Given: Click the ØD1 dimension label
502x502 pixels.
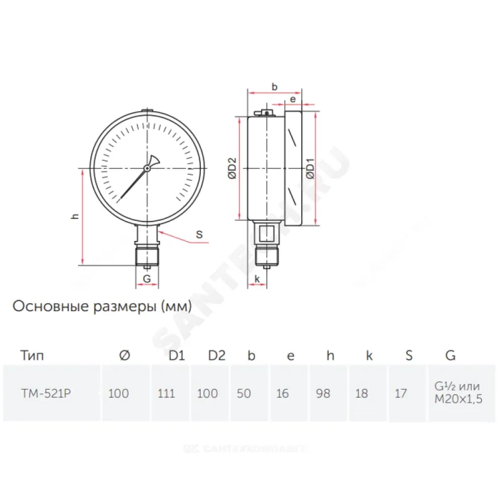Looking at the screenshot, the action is coord(310,168).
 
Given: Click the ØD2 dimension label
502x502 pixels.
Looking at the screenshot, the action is coord(232,168).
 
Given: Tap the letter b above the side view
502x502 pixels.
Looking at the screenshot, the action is coord(274,87).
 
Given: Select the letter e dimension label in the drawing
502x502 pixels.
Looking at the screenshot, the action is coord(292,100).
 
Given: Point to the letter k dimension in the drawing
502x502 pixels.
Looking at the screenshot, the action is coord(257,279).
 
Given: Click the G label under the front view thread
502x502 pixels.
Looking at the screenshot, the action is coord(147,279).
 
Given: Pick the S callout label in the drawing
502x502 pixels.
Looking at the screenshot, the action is coord(199,234).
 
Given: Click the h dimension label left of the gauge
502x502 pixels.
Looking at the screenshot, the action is coord(75,216).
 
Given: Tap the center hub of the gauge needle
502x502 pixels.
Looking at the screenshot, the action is coord(147,168).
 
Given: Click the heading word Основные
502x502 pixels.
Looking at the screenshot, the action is coord(51,306).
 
